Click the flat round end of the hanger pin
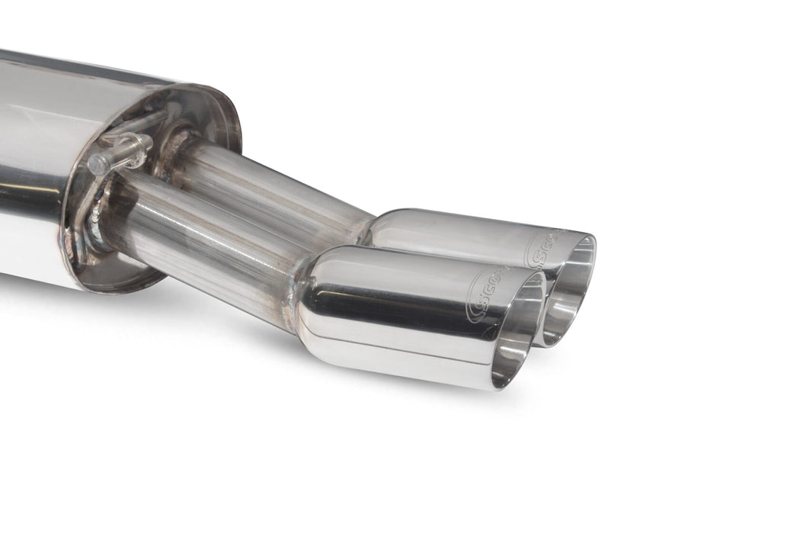coord(95,165)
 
